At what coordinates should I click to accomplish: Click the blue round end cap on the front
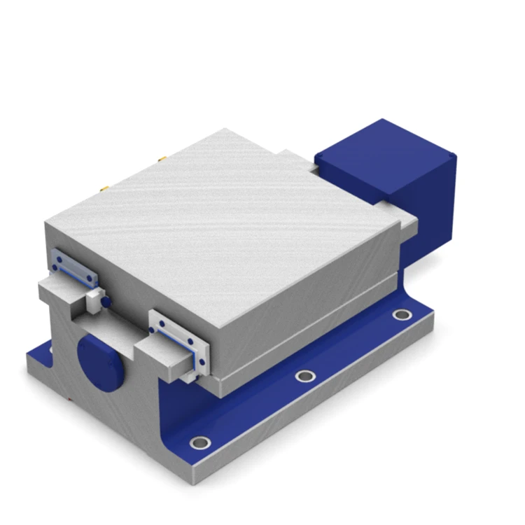99,362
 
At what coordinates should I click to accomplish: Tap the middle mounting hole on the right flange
305,376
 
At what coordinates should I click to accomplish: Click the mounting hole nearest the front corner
201,442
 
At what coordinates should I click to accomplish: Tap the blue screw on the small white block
105,301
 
